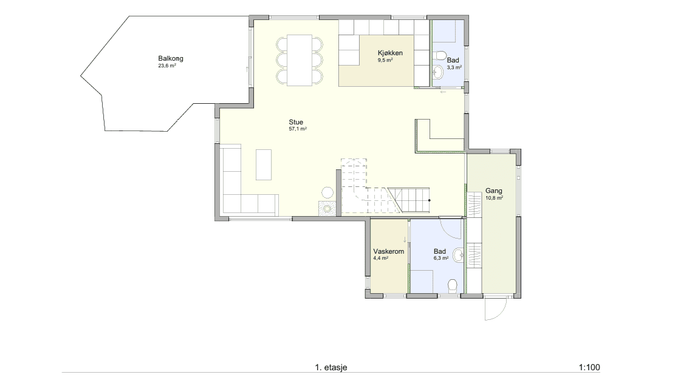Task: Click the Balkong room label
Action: click(x=171, y=58)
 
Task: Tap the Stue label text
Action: click(x=296, y=123)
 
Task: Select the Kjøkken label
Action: click(x=390, y=53)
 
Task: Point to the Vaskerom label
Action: click(x=389, y=251)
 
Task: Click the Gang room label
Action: click(x=494, y=191)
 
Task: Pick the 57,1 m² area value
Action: click(x=298, y=129)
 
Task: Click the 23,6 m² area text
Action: click(x=167, y=66)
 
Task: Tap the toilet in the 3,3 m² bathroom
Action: click(x=440, y=55)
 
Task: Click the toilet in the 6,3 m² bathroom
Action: click(x=453, y=285)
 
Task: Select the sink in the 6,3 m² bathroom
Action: click(x=459, y=255)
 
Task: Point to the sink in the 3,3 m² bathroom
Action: click(x=438, y=72)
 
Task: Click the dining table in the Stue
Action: click(x=299, y=60)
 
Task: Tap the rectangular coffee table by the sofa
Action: click(x=264, y=164)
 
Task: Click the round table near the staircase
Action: click(x=327, y=192)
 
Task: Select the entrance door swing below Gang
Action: click(x=496, y=308)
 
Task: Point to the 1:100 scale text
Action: click(x=589, y=367)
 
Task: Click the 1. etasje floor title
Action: click(x=331, y=367)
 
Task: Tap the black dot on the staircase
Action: click(x=429, y=200)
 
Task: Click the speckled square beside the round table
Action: click(x=327, y=208)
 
